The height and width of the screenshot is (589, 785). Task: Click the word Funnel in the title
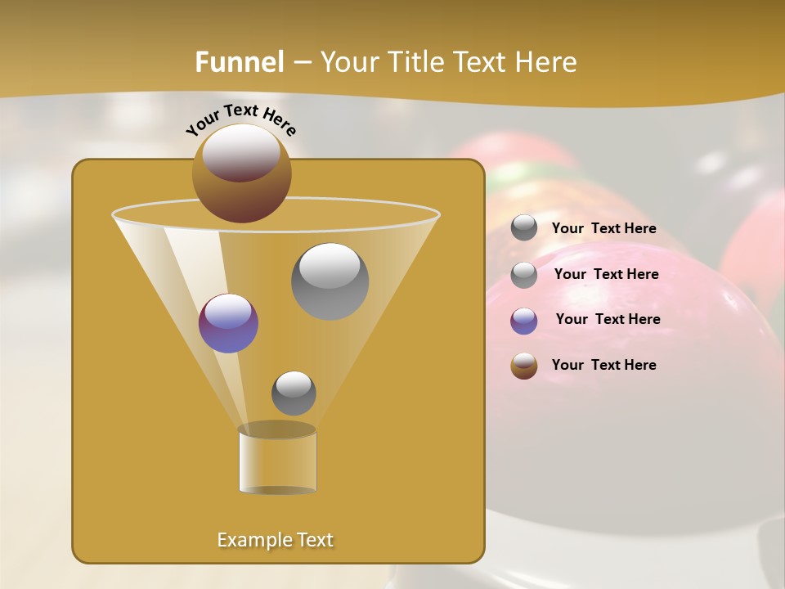click(239, 62)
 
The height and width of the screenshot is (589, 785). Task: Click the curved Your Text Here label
click(241, 119)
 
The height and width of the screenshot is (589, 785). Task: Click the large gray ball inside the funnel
click(330, 281)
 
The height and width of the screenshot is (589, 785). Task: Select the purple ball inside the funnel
click(228, 323)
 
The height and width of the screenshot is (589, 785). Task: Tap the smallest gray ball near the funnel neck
click(294, 393)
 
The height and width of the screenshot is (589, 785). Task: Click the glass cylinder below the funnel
click(277, 462)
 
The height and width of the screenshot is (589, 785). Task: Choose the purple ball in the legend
click(524, 321)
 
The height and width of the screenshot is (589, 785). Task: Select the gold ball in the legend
click(524, 366)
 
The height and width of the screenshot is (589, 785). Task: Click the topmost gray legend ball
click(524, 228)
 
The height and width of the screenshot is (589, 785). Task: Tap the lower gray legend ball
click(524, 275)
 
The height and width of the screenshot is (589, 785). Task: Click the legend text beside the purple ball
click(608, 319)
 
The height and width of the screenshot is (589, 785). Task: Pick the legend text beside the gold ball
click(603, 365)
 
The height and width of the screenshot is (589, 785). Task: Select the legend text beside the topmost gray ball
click(603, 228)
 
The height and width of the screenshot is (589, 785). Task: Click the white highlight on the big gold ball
click(240, 153)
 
